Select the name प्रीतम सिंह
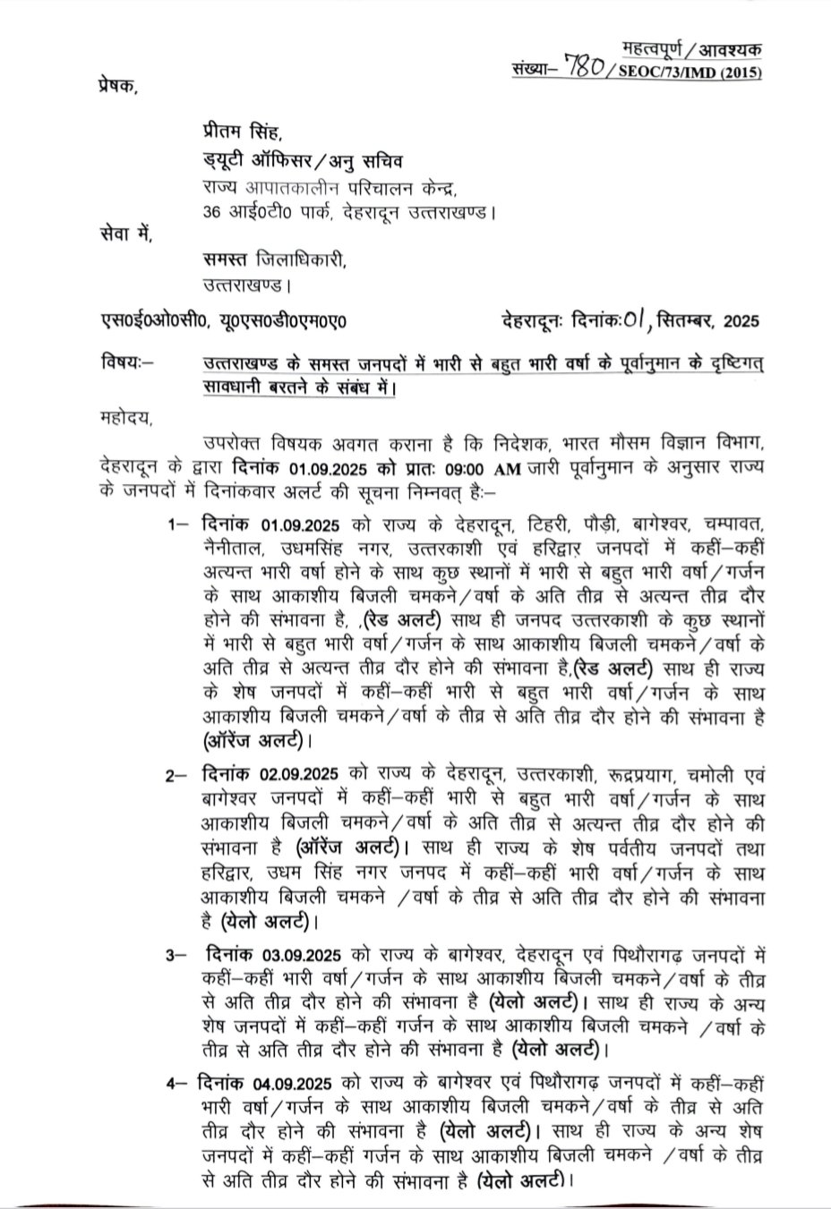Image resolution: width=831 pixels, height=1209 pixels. coord(236,134)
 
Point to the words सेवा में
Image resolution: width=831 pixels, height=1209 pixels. coord(124,236)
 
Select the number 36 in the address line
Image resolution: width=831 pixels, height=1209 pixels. coord(213,212)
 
